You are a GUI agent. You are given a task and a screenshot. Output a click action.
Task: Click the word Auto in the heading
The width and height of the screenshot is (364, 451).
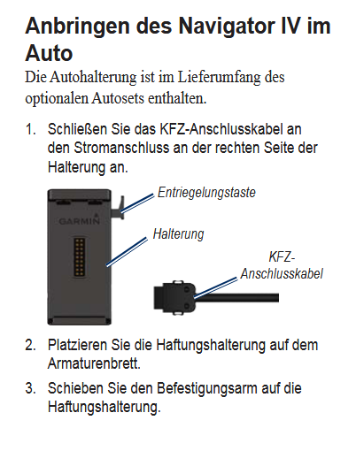(x=49, y=53)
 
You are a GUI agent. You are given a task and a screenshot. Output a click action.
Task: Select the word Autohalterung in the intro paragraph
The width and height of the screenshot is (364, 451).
(x=93, y=78)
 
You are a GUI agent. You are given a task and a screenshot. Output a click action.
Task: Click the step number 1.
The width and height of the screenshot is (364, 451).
(x=31, y=129)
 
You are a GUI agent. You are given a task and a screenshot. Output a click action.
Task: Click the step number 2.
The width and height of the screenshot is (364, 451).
(x=31, y=345)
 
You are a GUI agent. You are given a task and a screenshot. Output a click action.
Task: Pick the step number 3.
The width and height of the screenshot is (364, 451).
(x=31, y=388)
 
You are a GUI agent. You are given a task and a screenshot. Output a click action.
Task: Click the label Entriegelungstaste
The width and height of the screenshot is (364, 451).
(x=206, y=193)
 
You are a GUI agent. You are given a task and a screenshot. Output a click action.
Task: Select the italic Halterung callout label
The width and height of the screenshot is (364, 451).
(x=178, y=234)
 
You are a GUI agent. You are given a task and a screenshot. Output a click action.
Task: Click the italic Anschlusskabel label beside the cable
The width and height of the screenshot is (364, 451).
(x=282, y=274)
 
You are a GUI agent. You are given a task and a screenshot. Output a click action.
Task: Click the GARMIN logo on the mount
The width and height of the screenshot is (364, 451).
(x=80, y=221)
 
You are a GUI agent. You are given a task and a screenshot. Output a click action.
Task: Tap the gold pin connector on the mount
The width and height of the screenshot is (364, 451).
(x=80, y=257)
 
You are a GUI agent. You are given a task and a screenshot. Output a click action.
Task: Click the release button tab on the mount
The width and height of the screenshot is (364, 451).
(x=119, y=208)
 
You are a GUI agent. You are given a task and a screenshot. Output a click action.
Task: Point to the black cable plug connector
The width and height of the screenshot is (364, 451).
(x=174, y=297)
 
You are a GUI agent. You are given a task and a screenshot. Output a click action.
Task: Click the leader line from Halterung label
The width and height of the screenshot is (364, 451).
(x=127, y=252)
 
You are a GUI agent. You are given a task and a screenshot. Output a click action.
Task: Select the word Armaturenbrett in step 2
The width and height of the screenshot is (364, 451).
(x=94, y=363)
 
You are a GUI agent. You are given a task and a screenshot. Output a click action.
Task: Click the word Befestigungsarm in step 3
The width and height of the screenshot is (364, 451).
(x=206, y=388)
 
